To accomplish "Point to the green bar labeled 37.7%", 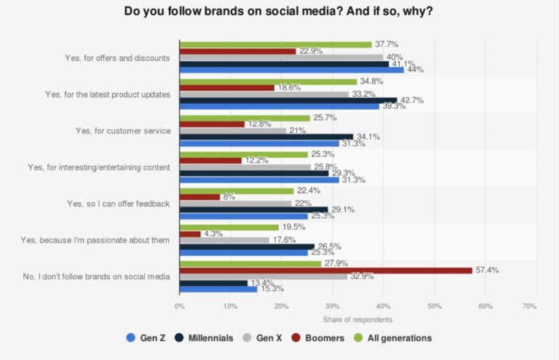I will (275, 44).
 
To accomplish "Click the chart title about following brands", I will (279, 11).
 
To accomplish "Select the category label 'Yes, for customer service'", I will (123, 130).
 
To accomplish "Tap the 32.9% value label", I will (362, 277).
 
